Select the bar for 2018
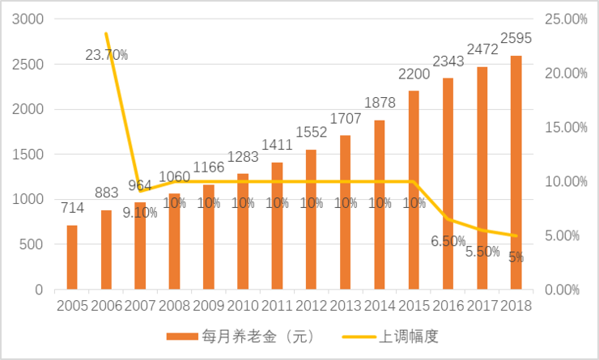[x=516, y=172]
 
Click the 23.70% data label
[x=106, y=55]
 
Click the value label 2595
[x=516, y=37]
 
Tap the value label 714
[x=73, y=209]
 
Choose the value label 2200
[x=413, y=74]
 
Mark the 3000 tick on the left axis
[x=31, y=19]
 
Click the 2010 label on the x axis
[x=243, y=306]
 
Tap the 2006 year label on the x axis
[x=106, y=306]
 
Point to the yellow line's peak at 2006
[x=106, y=33]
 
